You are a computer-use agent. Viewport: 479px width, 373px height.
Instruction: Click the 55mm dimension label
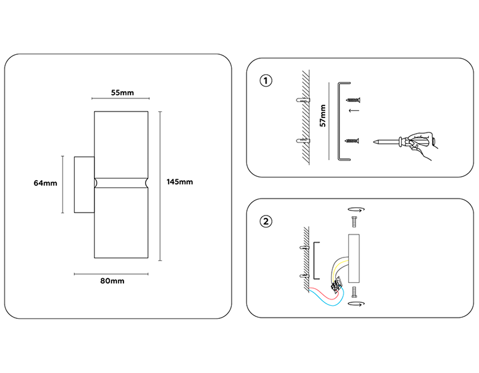[122, 93]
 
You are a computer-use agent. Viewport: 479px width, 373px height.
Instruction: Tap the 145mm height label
[179, 182]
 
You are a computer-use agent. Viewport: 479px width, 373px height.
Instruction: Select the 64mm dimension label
[45, 183]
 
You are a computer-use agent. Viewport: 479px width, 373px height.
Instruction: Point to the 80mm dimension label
[112, 281]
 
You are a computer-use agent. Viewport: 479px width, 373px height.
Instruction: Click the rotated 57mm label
[323, 116]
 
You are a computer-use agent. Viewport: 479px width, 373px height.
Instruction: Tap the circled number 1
[266, 81]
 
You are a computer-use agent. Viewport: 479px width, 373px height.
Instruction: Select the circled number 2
[266, 221]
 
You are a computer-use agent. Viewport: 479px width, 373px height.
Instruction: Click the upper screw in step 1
[353, 100]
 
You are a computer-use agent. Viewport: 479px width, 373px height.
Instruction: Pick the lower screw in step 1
[352, 141]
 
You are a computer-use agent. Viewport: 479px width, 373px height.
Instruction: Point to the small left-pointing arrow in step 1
[354, 111]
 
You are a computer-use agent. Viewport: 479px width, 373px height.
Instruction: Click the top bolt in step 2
[354, 222]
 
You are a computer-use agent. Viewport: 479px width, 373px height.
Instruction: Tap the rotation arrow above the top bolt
[356, 210]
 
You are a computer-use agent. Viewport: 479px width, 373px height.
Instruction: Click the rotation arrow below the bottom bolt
[356, 304]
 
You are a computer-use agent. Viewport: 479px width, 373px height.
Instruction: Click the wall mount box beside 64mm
[84, 185]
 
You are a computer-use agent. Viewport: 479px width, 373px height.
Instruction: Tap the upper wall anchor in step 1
[303, 100]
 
